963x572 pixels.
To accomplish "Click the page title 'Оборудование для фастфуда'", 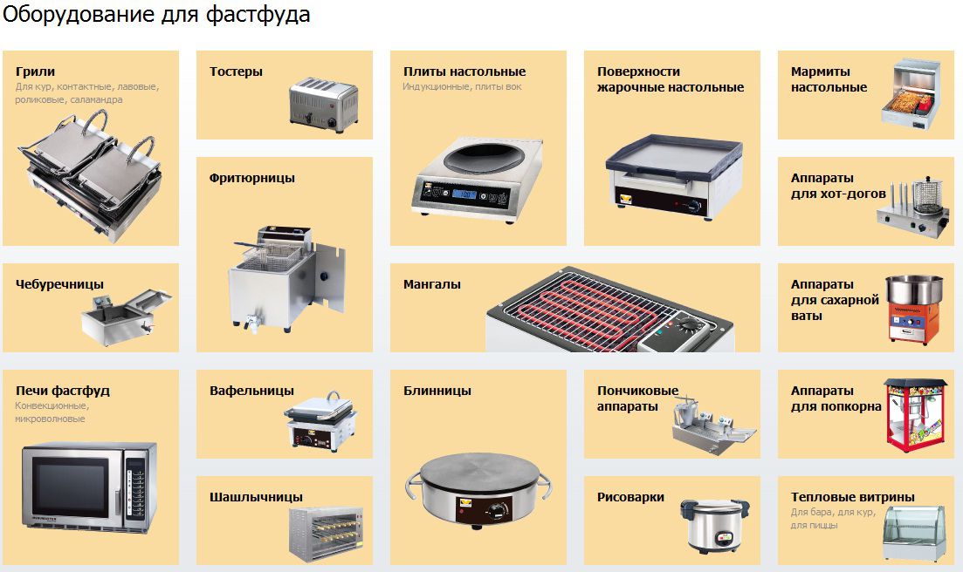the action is [156, 14].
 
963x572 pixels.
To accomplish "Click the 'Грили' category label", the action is [35, 71].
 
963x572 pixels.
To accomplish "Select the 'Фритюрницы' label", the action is [251, 178].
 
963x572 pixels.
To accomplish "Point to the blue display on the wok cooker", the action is [464, 194].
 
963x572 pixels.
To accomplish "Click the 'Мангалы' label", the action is [432, 284].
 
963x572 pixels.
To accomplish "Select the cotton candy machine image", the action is [913, 309].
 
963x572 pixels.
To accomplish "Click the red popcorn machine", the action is [914, 415].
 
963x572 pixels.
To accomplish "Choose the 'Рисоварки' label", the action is [630, 497].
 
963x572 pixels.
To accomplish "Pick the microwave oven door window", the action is [70, 487].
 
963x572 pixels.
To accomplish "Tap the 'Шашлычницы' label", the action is [256, 497].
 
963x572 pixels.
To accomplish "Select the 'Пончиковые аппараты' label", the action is [637, 398].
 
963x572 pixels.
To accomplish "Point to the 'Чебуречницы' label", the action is [59, 284].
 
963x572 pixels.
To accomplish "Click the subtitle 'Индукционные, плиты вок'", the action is [462, 87].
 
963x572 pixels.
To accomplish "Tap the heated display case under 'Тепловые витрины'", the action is [914, 533].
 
